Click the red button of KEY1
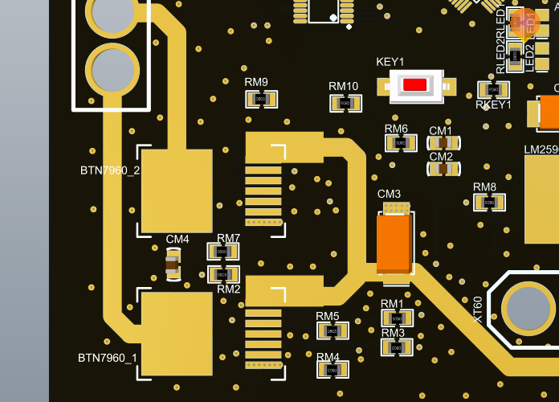tap(415, 85)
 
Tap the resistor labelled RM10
tap(345, 103)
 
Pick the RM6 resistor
tap(401, 143)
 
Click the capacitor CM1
tap(443, 143)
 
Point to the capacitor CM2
tap(443, 169)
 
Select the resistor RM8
tap(489, 203)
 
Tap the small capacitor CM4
tap(173, 264)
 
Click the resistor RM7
tap(223, 252)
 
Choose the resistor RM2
tap(223, 275)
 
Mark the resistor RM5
tap(333, 330)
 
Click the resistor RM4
tap(333, 369)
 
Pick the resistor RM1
tap(397, 318)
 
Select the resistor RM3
tap(397, 347)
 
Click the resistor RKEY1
tap(493, 90)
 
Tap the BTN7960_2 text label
tap(110, 170)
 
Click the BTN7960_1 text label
tap(108, 358)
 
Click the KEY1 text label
tap(390, 62)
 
